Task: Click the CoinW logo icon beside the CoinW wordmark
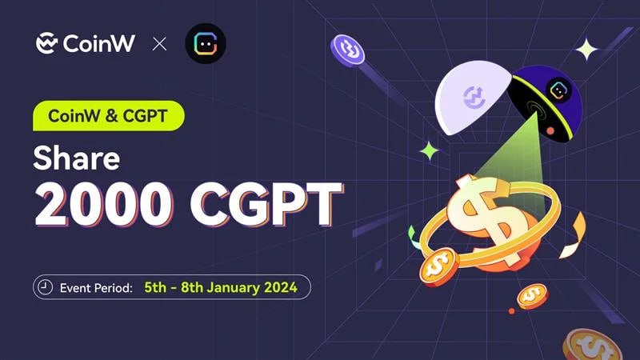[46, 43]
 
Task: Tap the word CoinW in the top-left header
[98, 43]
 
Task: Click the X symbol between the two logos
[159, 44]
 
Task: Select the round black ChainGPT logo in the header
[206, 43]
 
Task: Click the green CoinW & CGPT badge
[109, 116]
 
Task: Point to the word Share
[77, 158]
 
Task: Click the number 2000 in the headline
[104, 204]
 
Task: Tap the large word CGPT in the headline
[266, 204]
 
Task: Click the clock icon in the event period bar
[45, 287]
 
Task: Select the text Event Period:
[96, 288]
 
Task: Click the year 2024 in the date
[281, 287]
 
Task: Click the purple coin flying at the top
[347, 50]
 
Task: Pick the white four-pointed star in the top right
[586, 50]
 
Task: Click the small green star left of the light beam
[430, 151]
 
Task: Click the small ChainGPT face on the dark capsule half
[558, 90]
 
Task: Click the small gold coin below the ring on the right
[532, 296]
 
